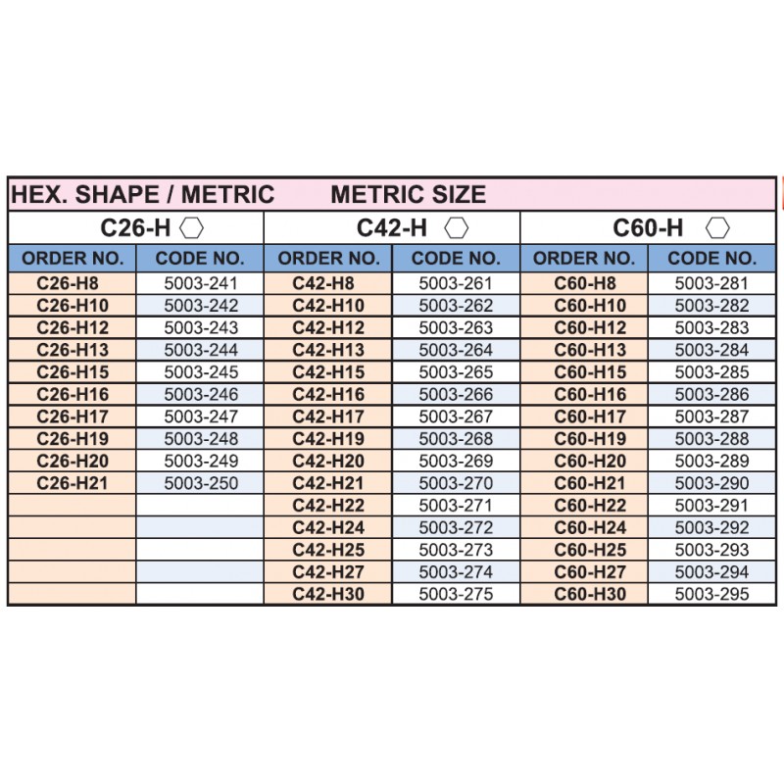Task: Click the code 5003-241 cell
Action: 201,283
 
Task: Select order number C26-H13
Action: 73,350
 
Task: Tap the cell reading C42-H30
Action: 328,594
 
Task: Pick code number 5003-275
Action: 456,594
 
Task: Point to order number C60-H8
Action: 585,283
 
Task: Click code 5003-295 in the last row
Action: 711,594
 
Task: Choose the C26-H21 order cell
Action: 73,483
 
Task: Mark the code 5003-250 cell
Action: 201,483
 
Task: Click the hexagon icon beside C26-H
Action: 192,228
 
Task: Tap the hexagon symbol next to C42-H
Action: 456,228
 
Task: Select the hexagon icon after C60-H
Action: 719,228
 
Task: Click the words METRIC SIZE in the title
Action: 408,194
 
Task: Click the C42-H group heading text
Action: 392,228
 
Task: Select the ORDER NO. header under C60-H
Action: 584,259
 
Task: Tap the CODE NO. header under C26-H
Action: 200,259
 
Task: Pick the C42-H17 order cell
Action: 328,416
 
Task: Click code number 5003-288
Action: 711,438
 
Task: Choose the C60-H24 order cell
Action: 585,527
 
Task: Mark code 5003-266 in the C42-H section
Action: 456,394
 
